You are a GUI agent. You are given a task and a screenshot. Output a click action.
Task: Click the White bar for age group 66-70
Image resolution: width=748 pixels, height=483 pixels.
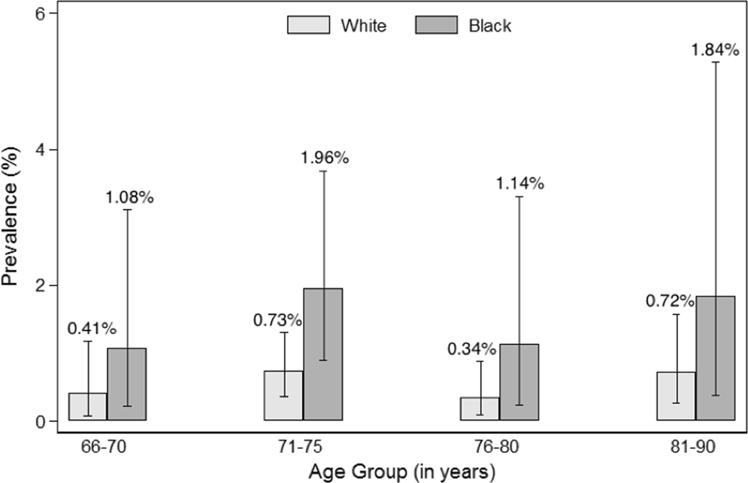[x=88, y=406]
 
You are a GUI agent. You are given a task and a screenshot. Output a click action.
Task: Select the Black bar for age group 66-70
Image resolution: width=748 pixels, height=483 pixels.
[x=126, y=384]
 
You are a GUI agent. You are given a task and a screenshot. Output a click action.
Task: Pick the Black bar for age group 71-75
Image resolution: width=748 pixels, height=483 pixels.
[x=323, y=354]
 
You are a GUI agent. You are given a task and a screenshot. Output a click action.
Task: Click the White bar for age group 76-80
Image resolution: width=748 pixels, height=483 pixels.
[x=480, y=409]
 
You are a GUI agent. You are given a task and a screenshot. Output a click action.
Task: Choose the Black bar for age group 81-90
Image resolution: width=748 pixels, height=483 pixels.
[x=715, y=358]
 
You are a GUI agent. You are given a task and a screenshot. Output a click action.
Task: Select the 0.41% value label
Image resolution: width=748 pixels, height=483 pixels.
[x=91, y=328]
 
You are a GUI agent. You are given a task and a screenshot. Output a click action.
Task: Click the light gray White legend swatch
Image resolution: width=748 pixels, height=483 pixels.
[x=308, y=26]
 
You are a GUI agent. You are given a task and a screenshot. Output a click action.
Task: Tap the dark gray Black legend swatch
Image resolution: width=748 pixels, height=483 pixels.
[x=436, y=26]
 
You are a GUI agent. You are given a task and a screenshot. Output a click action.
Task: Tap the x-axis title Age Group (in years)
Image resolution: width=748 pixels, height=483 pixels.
[x=401, y=472]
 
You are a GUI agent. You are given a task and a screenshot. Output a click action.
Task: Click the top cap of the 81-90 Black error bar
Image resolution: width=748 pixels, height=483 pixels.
[x=715, y=62]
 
